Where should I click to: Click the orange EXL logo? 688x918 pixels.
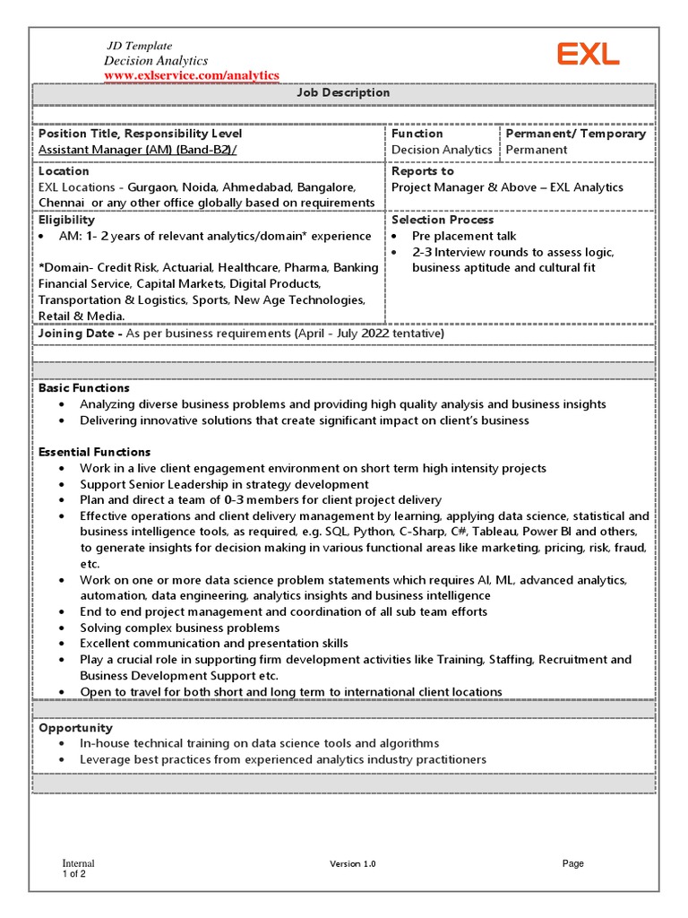tap(588, 55)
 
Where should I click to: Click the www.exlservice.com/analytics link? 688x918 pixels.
tap(192, 75)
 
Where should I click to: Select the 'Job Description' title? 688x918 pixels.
tap(344, 93)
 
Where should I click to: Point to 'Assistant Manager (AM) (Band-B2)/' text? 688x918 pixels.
tap(138, 150)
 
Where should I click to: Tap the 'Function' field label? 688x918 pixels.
tap(417, 134)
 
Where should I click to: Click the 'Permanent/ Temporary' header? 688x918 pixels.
tap(575, 134)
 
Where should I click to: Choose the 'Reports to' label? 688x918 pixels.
tap(422, 171)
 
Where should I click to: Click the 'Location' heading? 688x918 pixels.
tap(64, 171)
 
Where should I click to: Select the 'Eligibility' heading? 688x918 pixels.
tap(66, 220)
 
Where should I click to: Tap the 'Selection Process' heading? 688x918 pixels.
tap(443, 220)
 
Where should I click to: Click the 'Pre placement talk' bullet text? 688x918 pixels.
tap(464, 237)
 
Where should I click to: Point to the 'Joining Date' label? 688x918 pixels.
tap(79, 333)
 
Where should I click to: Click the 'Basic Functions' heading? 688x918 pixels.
tap(83, 388)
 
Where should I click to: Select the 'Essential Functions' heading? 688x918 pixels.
tap(94, 452)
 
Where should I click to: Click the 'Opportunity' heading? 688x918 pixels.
tap(75, 728)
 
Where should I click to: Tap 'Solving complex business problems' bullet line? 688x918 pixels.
tap(179, 628)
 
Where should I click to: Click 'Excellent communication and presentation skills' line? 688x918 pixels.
tap(214, 644)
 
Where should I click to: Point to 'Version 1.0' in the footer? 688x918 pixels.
tap(353, 863)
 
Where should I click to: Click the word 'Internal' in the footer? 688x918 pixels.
tap(78, 863)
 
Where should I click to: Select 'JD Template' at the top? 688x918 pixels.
tap(140, 46)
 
